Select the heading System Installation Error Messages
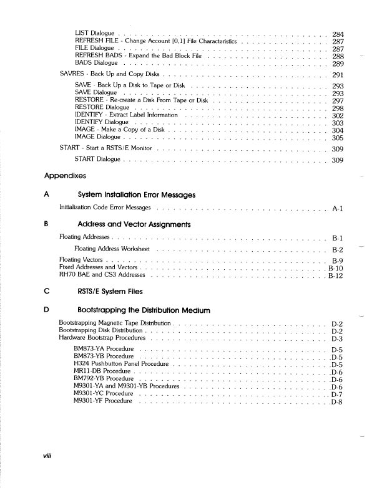(x=136, y=194)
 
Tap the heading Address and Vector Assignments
(x=134, y=224)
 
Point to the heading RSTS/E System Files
(x=110, y=291)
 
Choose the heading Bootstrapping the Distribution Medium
(x=144, y=310)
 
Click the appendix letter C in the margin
(x=47, y=291)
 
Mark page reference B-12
(x=336, y=275)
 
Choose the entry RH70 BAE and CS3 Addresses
(x=100, y=274)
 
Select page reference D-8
(x=337, y=402)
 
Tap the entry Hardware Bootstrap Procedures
(x=102, y=338)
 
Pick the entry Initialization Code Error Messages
(x=105, y=207)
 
